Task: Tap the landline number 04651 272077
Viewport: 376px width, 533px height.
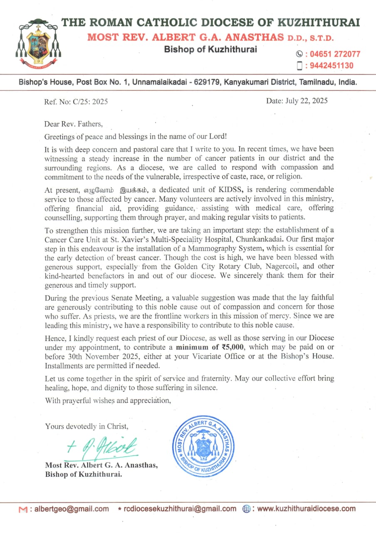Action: pyautogui.click(x=333, y=54)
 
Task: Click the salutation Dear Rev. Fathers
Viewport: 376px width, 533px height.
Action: pyautogui.click(x=73, y=124)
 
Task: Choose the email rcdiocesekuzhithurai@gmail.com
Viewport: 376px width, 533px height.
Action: pyautogui.click(x=180, y=508)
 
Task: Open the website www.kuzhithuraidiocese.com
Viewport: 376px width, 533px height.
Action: pyautogui.click(x=307, y=508)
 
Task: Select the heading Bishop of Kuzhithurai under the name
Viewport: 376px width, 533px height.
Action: pyautogui.click(x=210, y=49)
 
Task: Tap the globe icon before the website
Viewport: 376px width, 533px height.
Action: pyautogui.click(x=246, y=508)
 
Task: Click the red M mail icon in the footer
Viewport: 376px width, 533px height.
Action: pyautogui.click(x=23, y=509)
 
